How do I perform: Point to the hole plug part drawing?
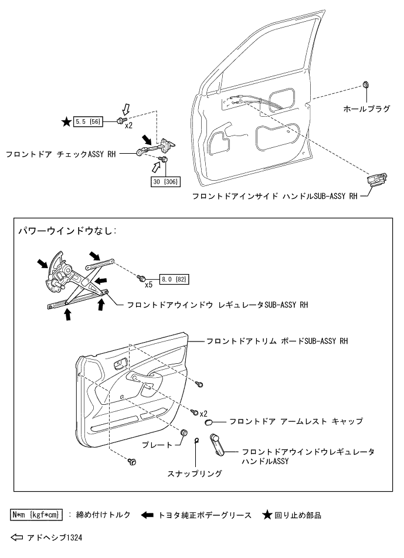(x=365, y=85)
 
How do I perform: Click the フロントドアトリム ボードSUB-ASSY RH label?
(x=277, y=341)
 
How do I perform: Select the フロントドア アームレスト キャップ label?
(x=296, y=421)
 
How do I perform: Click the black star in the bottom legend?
(x=267, y=515)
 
